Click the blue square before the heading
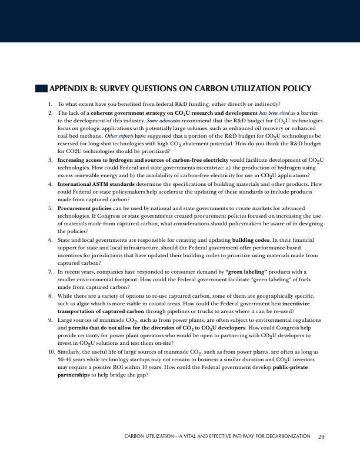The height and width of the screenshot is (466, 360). coord(41,89)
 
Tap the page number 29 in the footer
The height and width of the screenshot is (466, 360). coord(321,437)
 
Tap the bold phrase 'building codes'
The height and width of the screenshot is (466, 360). coord(251,240)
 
